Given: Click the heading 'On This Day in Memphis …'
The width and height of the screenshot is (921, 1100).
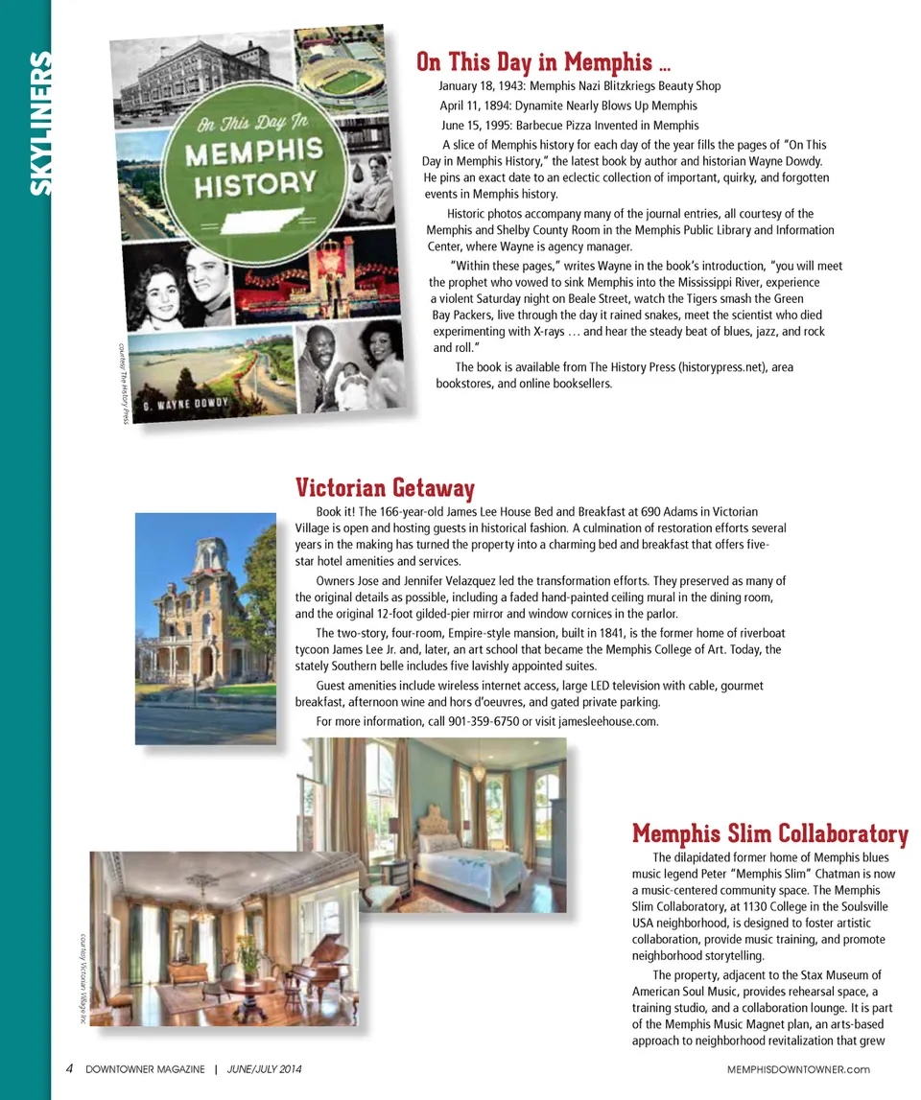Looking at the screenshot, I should tap(543, 63).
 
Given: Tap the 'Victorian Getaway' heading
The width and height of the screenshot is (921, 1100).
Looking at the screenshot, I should tap(385, 488).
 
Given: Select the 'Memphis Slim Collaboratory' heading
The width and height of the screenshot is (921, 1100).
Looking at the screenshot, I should tap(769, 832).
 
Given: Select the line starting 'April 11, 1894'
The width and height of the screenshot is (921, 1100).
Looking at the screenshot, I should tap(568, 105).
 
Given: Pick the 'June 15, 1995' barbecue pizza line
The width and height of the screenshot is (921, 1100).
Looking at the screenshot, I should tap(570, 125).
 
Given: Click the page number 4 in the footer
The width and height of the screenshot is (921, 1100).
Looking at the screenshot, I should tap(69, 1069).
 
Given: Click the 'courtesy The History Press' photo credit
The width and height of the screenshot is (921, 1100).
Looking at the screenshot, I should tap(123, 385).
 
